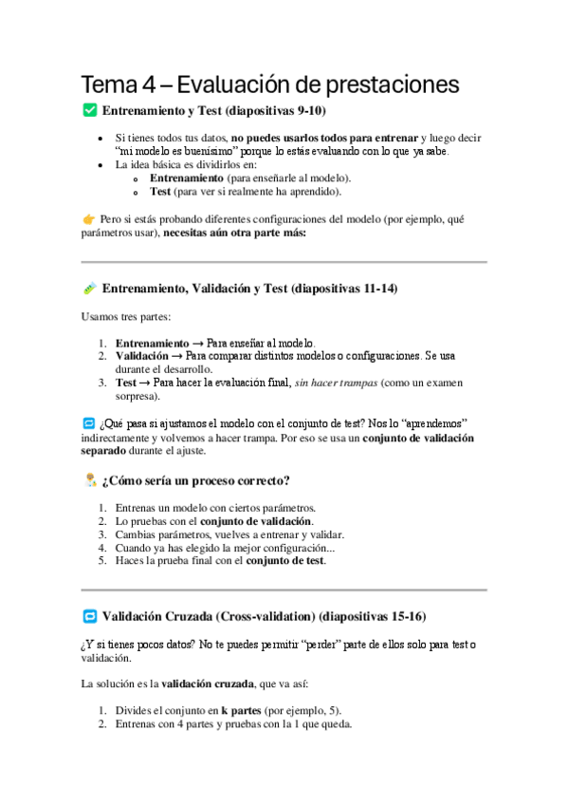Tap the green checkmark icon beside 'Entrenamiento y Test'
click(90, 111)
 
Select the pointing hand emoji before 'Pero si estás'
click(89, 218)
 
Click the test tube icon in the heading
click(90, 288)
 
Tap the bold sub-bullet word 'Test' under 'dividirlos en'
click(159, 191)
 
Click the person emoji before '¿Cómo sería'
click(90, 480)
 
